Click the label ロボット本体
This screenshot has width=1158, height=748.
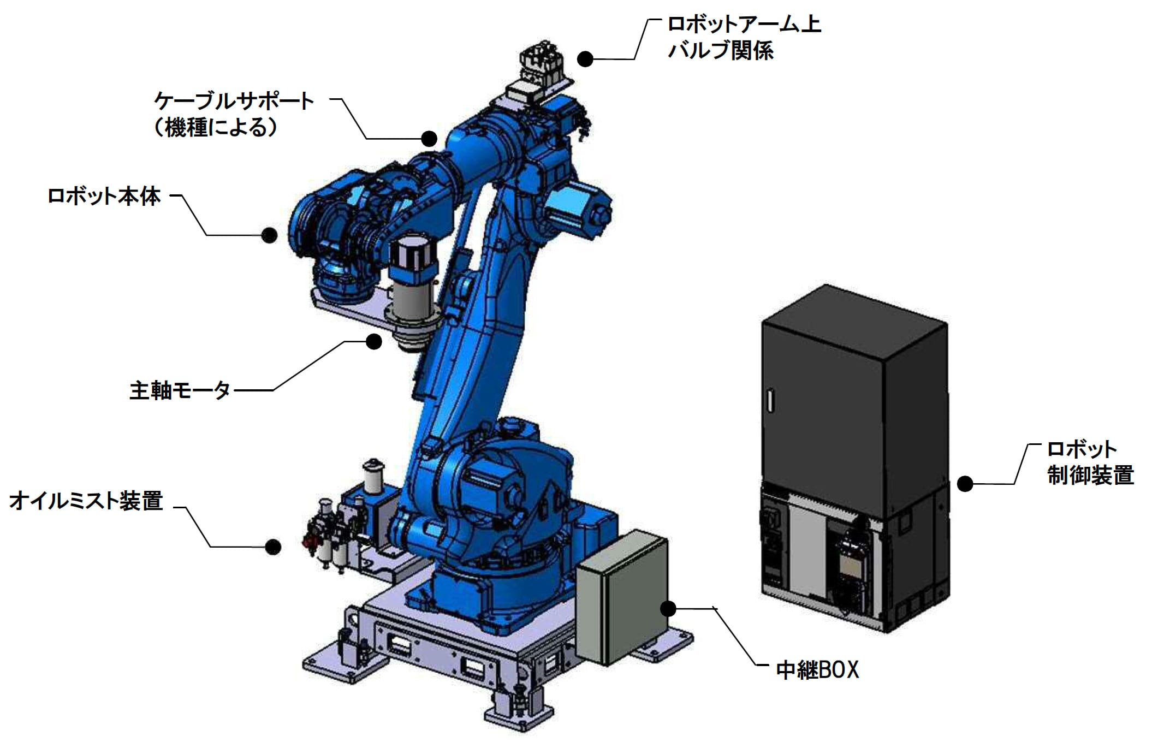(x=104, y=196)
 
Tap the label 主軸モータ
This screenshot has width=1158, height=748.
(x=180, y=390)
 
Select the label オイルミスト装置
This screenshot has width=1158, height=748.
(x=86, y=500)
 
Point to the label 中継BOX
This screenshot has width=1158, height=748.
(x=817, y=669)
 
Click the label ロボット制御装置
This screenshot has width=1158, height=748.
(x=1090, y=462)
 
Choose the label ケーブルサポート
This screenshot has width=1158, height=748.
(x=234, y=101)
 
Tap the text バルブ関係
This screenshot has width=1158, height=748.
(x=721, y=51)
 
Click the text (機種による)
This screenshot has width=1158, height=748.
(x=216, y=128)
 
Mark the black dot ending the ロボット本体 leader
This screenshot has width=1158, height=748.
(x=269, y=235)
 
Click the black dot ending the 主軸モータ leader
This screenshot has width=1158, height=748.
(x=373, y=342)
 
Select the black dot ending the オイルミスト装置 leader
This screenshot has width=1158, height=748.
(x=273, y=547)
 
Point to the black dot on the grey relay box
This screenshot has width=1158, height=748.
(x=668, y=608)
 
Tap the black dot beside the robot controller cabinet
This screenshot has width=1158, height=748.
(x=965, y=484)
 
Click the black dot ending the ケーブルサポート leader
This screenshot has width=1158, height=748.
(x=429, y=139)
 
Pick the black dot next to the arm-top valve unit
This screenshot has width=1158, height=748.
(x=585, y=59)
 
